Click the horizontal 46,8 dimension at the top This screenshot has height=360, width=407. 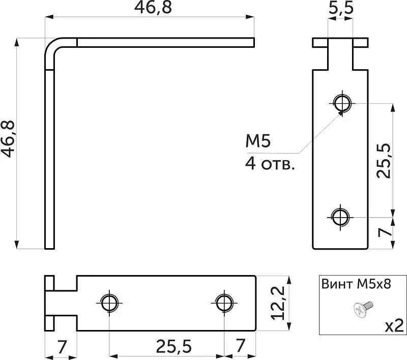click(153, 7)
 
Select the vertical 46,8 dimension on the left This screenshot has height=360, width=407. click(8, 139)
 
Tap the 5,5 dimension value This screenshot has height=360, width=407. click(341, 8)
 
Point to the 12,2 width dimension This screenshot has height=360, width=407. click(278, 303)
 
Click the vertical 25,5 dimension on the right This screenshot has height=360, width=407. click(384, 161)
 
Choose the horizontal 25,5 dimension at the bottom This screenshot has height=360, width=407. click(173, 346)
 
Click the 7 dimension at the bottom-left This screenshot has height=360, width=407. click(62, 346)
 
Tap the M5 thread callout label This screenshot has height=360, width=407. click(258, 141)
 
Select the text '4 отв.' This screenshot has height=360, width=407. click(270, 164)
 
